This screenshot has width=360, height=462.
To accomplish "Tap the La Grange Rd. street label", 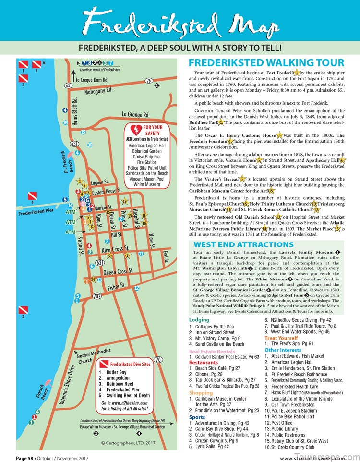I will (136, 115).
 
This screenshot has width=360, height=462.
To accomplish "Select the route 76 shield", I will (149, 81).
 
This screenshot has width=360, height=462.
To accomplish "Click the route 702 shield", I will (97, 296).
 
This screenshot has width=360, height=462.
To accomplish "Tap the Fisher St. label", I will (117, 287).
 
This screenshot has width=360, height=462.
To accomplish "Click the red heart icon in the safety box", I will (131, 130).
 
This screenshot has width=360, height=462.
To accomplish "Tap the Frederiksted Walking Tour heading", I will (266, 63).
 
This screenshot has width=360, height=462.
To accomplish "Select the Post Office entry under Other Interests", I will (288, 423).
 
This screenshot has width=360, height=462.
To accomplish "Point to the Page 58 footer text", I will (43, 457).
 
